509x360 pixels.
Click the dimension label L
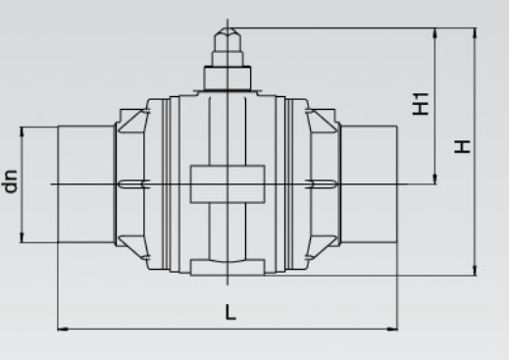[230, 312]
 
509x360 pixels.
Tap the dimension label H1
[421, 104]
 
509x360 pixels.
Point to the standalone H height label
[462, 146]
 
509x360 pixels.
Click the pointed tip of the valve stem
[228, 28]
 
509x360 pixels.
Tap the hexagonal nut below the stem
[228, 77]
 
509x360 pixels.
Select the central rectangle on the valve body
[228, 184]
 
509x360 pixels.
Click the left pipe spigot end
[85, 184]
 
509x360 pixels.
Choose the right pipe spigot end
[369, 184]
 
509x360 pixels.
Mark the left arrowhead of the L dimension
[63, 329]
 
